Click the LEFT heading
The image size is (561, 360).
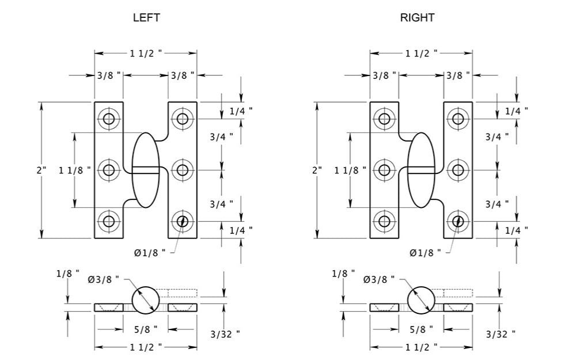[146, 18]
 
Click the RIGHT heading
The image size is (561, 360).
[417, 18]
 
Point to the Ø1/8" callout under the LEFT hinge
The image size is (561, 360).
[150, 252]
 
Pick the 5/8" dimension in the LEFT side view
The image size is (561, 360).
[146, 329]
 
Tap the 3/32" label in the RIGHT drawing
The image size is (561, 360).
[500, 334]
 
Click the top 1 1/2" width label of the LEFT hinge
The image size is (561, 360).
[146, 53]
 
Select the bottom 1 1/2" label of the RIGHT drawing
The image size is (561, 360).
[421, 347]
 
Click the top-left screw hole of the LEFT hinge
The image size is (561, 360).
[109, 119]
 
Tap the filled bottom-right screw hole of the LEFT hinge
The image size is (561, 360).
[183, 221]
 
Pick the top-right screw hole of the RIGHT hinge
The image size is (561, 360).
[458, 119]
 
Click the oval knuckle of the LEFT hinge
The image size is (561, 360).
[145, 170]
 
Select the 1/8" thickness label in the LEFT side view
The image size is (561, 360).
[68, 273]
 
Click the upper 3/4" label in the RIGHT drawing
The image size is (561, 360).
[496, 137]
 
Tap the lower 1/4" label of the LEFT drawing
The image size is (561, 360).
[241, 231]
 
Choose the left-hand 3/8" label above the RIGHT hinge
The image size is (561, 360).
[384, 75]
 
